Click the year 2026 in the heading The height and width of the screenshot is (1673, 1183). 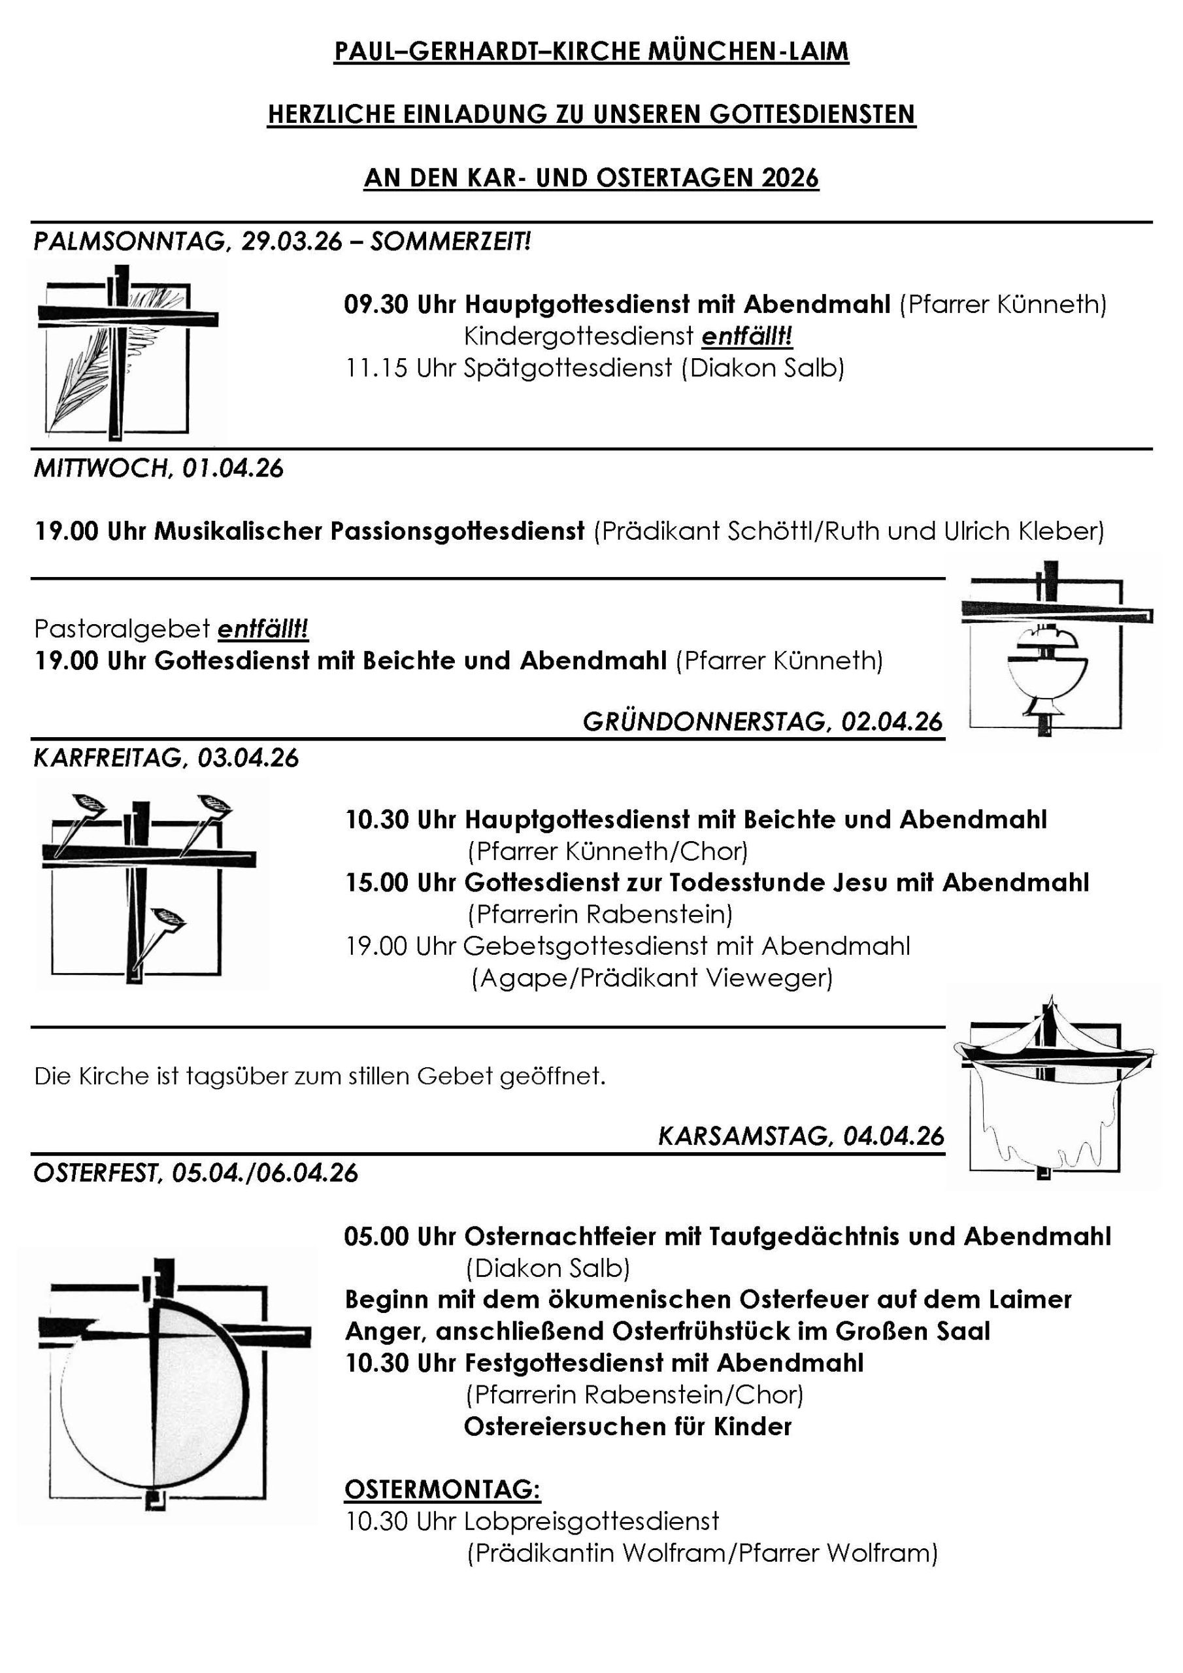point(790,178)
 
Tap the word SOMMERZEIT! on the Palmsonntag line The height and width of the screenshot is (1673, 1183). point(450,241)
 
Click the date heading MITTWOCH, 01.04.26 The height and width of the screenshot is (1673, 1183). point(159,469)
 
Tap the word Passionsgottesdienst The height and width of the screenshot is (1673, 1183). point(457,531)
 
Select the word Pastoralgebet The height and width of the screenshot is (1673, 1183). point(122,628)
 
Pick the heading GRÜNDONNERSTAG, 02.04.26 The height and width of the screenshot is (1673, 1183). point(763,722)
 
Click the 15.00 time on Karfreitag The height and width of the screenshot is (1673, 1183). point(376,882)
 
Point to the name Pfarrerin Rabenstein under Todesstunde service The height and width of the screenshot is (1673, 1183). point(599,914)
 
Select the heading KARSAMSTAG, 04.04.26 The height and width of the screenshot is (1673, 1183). point(801,1136)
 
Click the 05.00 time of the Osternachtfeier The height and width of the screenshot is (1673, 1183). point(376,1236)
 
